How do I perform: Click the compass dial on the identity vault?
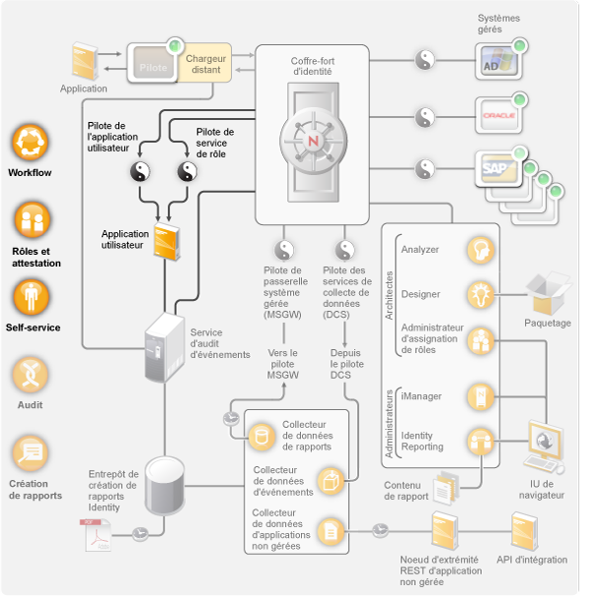pos(313,139)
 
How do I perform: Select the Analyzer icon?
pos(480,249)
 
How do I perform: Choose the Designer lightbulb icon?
pos(480,293)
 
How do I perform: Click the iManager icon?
pos(480,396)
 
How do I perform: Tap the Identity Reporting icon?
pos(480,441)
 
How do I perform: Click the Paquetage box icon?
pos(547,292)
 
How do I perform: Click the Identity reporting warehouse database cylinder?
pos(164,484)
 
